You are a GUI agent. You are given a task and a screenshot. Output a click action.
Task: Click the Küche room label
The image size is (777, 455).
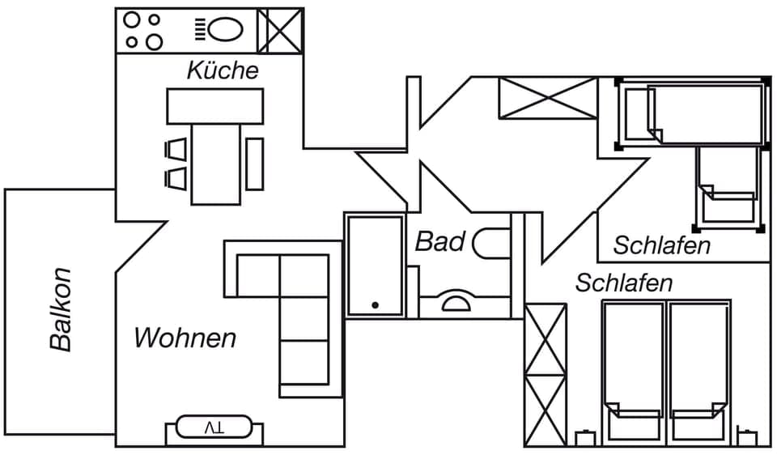[223, 70]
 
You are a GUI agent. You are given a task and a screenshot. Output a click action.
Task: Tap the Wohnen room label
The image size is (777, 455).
[185, 338]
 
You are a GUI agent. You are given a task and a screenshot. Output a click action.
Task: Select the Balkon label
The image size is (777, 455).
[61, 309]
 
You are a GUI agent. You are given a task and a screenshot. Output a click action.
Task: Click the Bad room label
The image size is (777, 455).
[440, 241]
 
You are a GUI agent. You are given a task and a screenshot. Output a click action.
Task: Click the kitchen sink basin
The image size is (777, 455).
[225, 30]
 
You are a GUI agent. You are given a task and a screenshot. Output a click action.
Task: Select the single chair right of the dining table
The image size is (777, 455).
[255, 164]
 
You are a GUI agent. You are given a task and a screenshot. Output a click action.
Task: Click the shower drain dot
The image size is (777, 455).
[375, 305]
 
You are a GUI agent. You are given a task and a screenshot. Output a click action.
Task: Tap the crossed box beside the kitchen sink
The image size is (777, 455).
[280, 30]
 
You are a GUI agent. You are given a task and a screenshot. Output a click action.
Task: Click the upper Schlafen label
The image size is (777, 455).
[661, 245]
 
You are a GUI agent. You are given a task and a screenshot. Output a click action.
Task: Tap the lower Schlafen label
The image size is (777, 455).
[624, 283]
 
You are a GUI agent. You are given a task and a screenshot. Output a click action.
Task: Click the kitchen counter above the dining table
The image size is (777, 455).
[215, 105]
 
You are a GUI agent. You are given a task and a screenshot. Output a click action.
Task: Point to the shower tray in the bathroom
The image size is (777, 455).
[375, 265]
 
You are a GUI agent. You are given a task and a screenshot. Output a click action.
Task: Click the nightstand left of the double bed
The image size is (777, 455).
[584, 439]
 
